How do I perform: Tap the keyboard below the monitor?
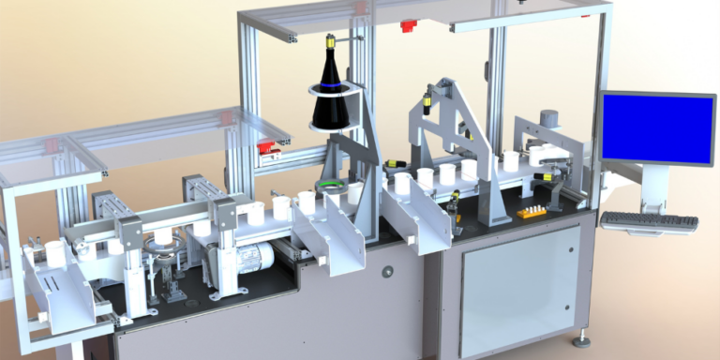coord(649,222)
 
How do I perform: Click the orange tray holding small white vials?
coord(532,211)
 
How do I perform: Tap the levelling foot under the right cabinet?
coord(582,337)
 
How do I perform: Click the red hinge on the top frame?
coord(407,25)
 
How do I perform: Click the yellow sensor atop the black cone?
coord(331,41)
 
